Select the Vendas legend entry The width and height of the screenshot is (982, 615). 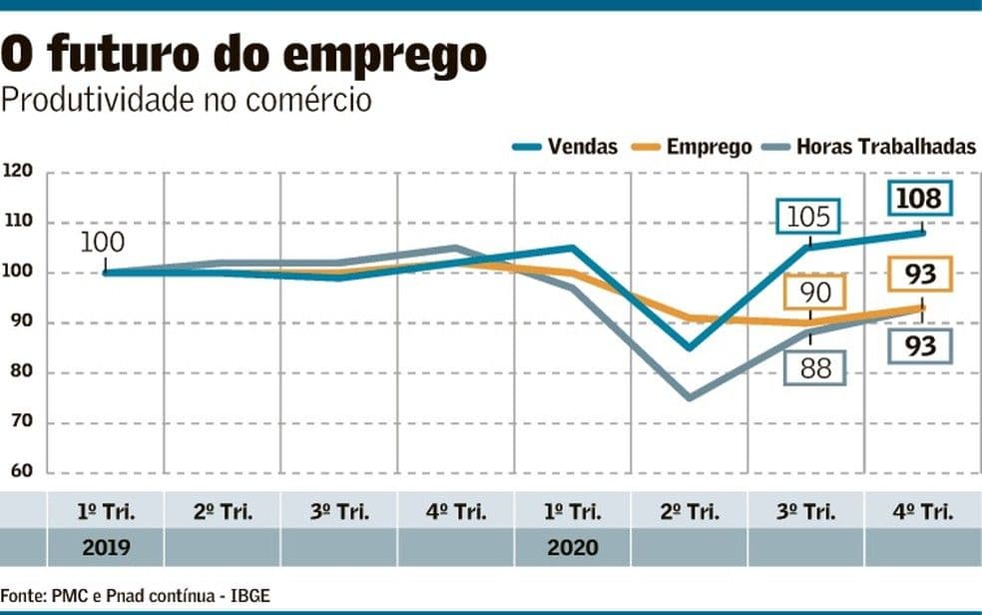566,147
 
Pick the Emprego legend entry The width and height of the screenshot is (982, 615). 696,147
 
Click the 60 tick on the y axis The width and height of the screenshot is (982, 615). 21,472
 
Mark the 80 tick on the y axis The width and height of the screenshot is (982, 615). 21,372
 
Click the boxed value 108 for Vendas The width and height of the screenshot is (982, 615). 918,199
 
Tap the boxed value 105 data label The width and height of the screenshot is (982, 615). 808,217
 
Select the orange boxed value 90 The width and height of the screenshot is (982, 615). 814,292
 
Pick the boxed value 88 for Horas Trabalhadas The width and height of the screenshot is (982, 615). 814,367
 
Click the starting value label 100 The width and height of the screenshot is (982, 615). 103,242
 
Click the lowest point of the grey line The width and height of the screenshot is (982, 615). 689,397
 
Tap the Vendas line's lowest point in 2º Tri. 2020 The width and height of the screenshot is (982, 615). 689,348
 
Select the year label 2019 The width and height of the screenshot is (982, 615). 105,547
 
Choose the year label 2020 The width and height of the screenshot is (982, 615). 572,547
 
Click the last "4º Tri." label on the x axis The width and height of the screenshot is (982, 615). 923,512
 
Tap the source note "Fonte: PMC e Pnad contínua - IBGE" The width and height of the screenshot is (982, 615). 135,596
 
